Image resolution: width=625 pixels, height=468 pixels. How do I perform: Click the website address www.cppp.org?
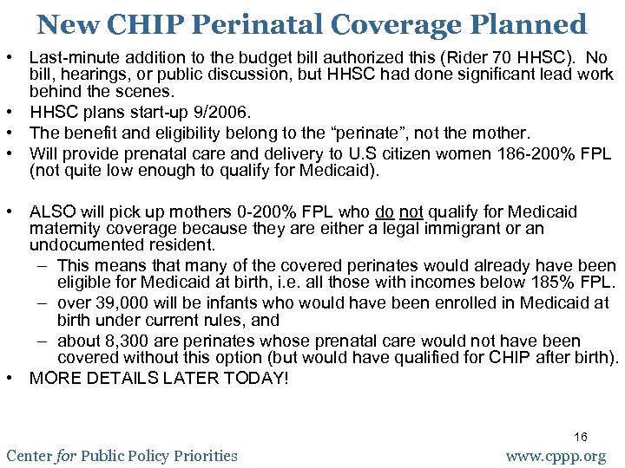click(556, 456)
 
